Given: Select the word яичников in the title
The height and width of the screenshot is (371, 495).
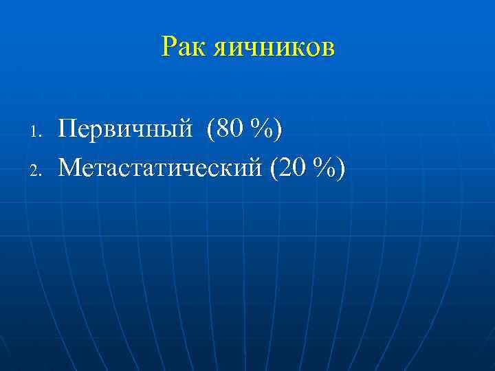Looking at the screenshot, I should [x=273, y=47].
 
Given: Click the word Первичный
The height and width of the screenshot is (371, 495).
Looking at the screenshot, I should [x=124, y=129].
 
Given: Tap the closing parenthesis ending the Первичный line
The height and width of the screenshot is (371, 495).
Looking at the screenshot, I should [x=277, y=129].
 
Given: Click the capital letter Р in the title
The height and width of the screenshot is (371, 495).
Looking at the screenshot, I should [x=168, y=47].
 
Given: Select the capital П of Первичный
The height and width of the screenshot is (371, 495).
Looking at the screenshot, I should [x=67, y=128].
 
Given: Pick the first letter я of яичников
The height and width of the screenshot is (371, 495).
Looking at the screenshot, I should [x=220, y=49].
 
